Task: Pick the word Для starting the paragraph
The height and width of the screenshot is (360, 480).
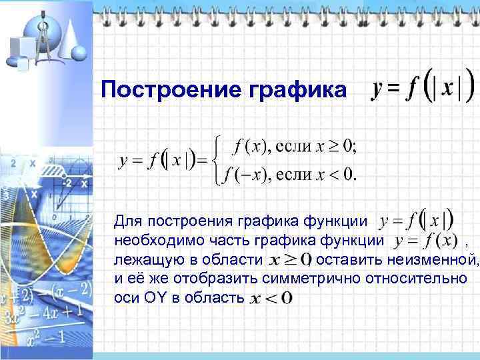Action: click(127, 221)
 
